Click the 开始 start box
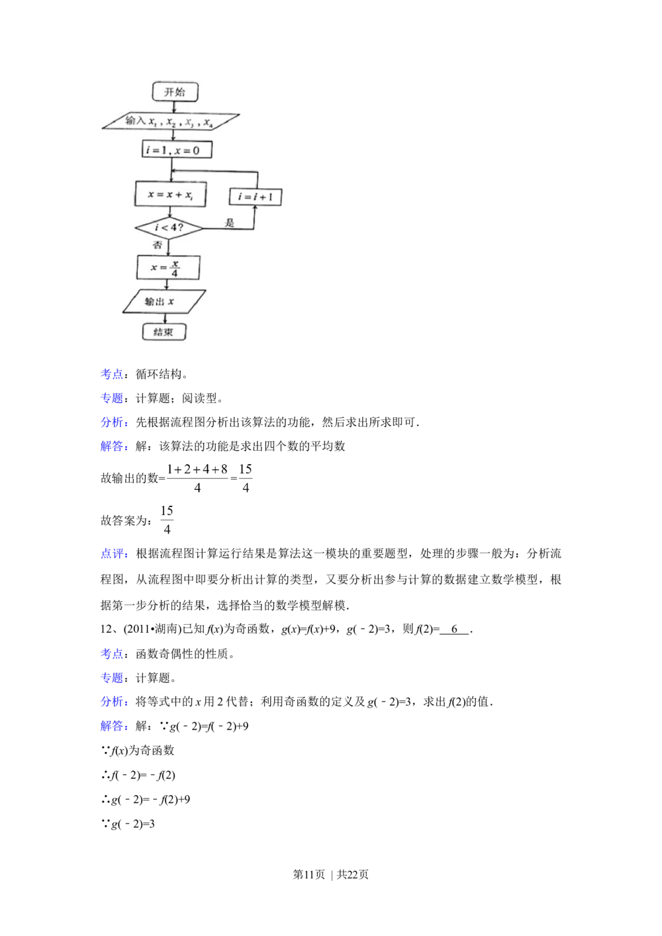[x=175, y=91]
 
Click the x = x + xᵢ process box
[x=171, y=195]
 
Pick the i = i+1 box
[x=256, y=197]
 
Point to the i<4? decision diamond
[x=169, y=229]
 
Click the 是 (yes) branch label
[x=230, y=223]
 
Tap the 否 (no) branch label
[x=158, y=245]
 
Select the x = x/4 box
[x=168, y=267]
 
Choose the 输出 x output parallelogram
[x=164, y=302]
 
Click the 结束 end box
[x=164, y=332]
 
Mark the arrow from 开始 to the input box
[x=175, y=107]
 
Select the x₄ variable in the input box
[x=207, y=122]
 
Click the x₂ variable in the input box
[x=171, y=122]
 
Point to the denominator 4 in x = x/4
[x=175, y=273]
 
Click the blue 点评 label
[x=113, y=554]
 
